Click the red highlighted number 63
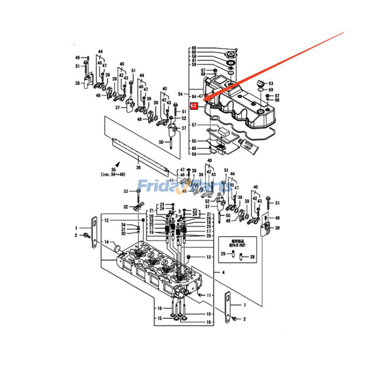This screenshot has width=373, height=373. pyautogui.click(x=194, y=106)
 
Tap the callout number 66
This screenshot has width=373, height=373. pyautogui.click(x=194, y=48)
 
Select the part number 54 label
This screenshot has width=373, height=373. pyautogui.click(x=180, y=95)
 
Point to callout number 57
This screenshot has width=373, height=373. pyautogui.click(x=194, y=125)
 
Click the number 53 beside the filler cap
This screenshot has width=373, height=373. pyautogui.click(x=271, y=83)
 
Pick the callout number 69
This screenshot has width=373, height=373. pyautogui.click(x=271, y=90)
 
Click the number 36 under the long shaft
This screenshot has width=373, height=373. pyautogui.click(x=138, y=167)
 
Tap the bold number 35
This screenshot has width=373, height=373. pyautogui.click(x=112, y=169)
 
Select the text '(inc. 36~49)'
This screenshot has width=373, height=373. pyautogui.click(x=112, y=174)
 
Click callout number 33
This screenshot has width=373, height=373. pyautogui.click(x=112, y=192)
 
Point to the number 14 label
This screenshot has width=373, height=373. pyautogui.click(x=106, y=242)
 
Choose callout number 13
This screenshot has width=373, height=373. pyautogui.click(x=209, y=257)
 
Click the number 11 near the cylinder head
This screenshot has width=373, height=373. pyautogui.click(x=209, y=295)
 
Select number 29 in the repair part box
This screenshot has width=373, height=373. pyautogui.click(x=223, y=254)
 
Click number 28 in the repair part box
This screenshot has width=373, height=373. pyautogui.click(x=252, y=257)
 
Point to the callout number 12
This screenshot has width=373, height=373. pyautogui.click(x=106, y=220)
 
